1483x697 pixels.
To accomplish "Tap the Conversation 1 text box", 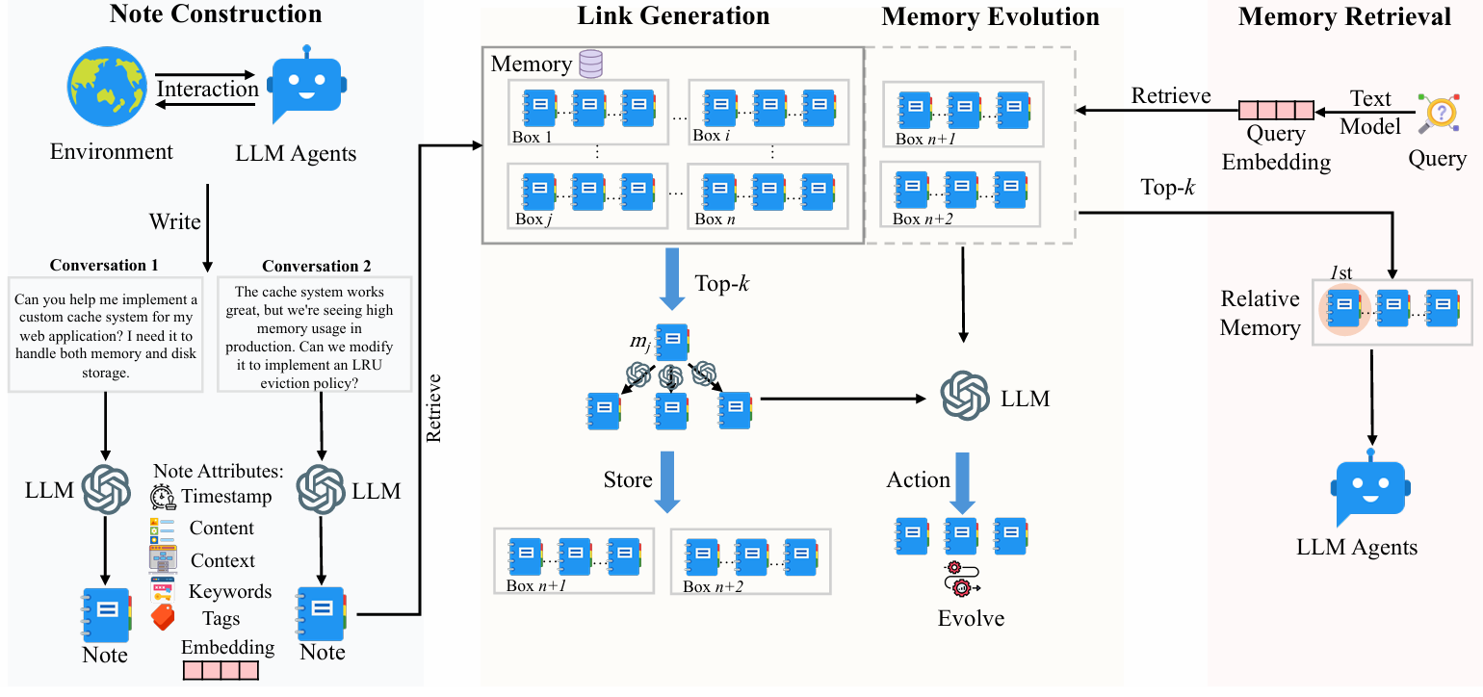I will click(x=105, y=334).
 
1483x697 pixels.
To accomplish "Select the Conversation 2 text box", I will click(x=315, y=335).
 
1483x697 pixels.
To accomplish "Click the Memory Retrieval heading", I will click(x=1344, y=16).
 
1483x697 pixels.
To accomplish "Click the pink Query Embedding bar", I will click(x=1276, y=110).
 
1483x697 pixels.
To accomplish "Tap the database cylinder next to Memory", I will click(x=589, y=65).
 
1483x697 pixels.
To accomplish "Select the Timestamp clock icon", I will click(x=163, y=497).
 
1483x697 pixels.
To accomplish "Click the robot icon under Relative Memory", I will click(x=1371, y=489).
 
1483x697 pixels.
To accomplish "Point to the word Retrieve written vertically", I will click(x=434, y=407).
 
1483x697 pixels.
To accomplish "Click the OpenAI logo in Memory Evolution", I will click(x=965, y=397).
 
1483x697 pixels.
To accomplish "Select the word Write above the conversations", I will click(x=174, y=221).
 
